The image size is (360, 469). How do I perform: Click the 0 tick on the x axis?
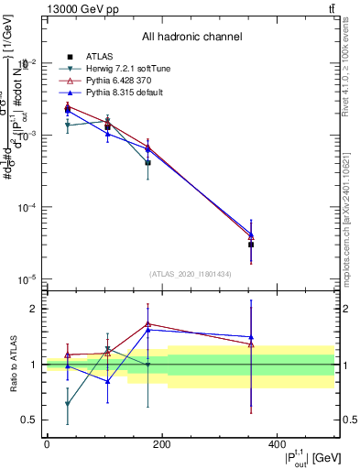pos(46,444)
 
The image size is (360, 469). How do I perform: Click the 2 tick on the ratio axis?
pos(34,309)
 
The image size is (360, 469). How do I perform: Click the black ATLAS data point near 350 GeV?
pos(251,245)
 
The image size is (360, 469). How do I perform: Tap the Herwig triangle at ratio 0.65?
pos(68,403)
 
